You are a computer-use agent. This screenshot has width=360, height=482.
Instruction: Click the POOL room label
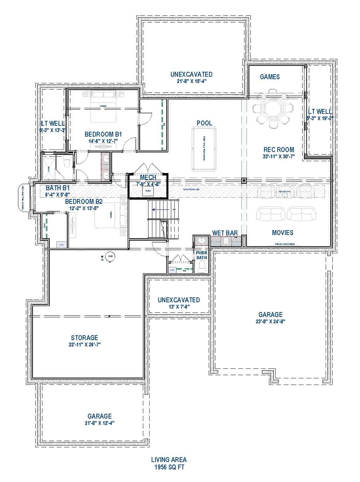204,123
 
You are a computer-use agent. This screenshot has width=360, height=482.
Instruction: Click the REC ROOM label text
279,150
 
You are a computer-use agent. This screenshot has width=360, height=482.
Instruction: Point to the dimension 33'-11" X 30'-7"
279,157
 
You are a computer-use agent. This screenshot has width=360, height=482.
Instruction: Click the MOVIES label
283,233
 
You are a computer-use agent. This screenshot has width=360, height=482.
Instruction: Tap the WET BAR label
225,233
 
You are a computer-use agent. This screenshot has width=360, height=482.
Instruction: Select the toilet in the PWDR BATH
201,268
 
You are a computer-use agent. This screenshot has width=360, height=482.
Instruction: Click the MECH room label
148,178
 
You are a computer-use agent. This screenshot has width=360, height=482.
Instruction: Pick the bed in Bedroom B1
103,107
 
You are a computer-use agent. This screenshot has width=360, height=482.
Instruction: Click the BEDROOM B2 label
84,201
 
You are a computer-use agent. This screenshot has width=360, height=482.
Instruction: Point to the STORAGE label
84,338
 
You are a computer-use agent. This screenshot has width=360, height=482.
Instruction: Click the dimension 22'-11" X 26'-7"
84,344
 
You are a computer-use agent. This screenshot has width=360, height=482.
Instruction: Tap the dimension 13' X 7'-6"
179,307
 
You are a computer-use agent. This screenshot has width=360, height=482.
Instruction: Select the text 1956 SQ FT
169,467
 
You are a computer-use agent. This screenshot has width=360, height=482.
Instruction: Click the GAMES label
270,77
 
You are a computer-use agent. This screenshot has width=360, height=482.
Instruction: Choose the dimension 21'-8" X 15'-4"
191,81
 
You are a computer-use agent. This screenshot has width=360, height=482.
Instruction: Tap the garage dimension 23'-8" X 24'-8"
270,321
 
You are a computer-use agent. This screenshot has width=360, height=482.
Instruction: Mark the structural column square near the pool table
244,180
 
